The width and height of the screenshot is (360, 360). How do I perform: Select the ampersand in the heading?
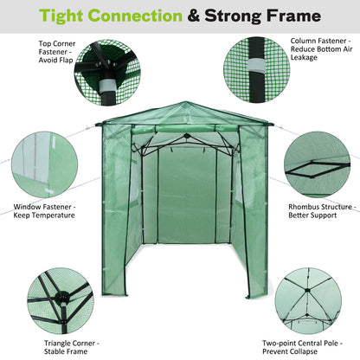(212, 16)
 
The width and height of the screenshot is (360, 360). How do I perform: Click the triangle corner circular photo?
(59, 303)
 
